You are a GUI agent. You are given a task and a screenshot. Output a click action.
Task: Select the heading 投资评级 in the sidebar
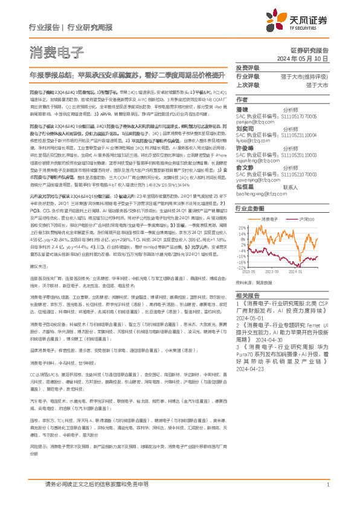point(247,68)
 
